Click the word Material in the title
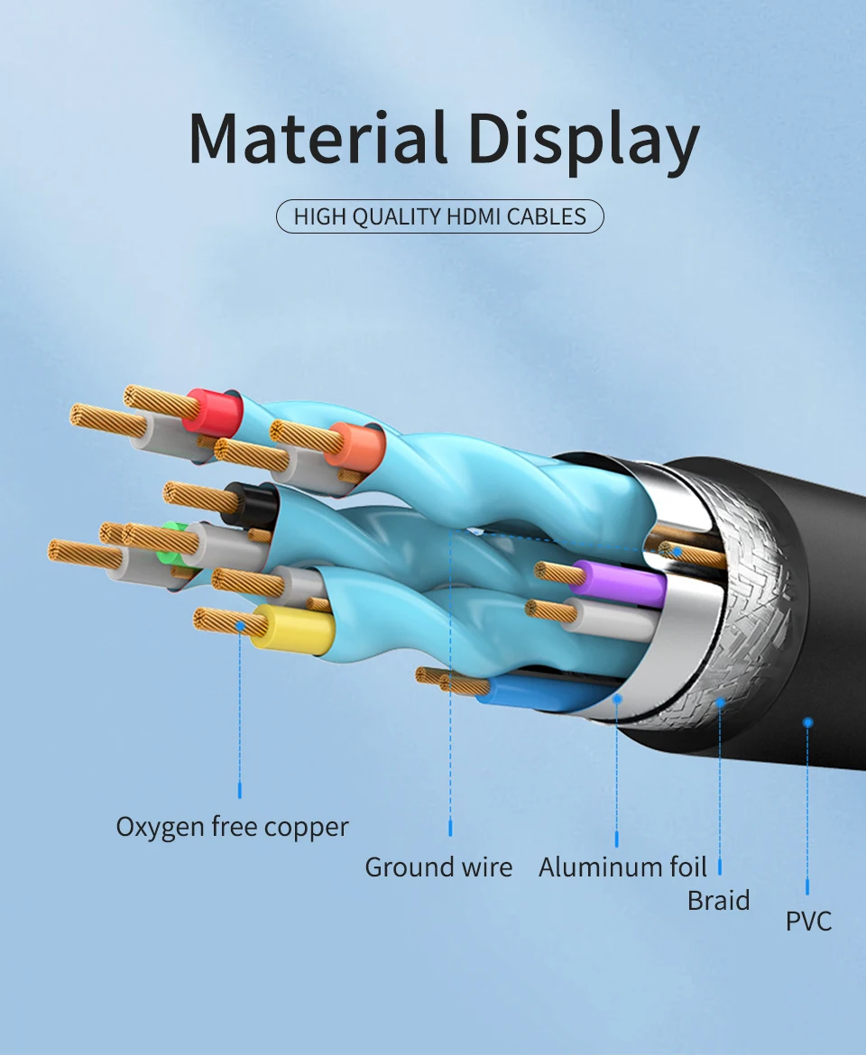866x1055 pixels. (x=318, y=137)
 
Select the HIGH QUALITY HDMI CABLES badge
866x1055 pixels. (x=439, y=216)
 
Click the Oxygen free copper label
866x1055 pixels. (x=232, y=826)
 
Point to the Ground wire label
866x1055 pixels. (x=438, y=867)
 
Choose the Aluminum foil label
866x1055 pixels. (x=622, y=867)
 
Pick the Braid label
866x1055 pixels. (x=718, y=900)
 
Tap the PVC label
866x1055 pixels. (x=808, y=921)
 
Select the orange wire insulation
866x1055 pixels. (x=355, y=446)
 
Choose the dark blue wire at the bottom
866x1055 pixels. (x=532, y=692)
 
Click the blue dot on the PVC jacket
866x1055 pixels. (x=807, y=721)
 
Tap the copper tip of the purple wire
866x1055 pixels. (x=554, y=572)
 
